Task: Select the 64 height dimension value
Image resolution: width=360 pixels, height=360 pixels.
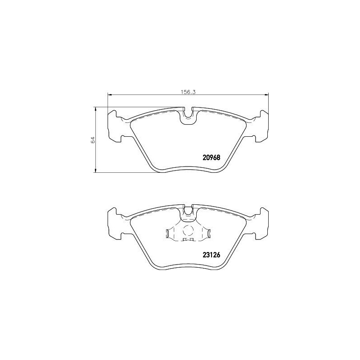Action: pyautogui.click(x=92, y=139)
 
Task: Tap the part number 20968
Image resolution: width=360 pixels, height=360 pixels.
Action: pyautogui.click(x=209, y=157)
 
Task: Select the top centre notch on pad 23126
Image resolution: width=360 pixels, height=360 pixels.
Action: pyautogui.click(x=189, y=210)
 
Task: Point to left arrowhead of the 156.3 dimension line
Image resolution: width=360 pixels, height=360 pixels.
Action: pyautogui.click(x=108, y=94)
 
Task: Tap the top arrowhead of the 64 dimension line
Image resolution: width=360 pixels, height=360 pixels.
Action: pyautogui.click(x=95, y=108)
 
